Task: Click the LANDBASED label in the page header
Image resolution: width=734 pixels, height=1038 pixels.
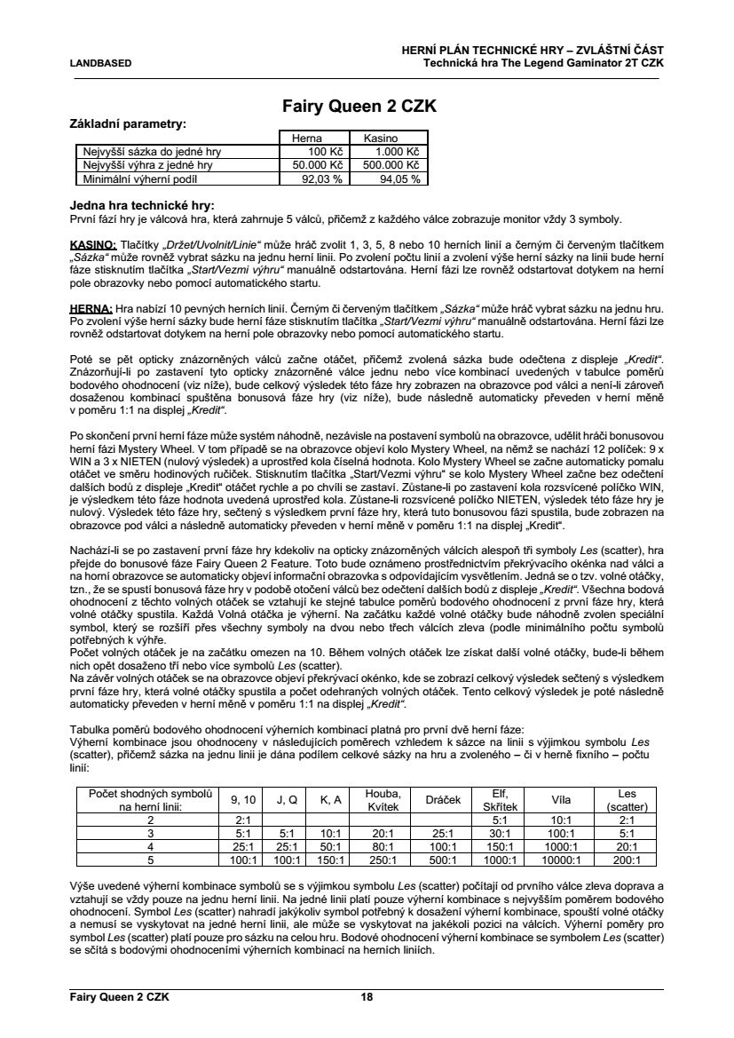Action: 100,64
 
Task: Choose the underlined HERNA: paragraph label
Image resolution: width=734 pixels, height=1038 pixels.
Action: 90,306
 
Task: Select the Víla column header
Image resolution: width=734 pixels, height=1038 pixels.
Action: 560,800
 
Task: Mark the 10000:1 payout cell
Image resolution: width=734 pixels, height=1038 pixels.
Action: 560,860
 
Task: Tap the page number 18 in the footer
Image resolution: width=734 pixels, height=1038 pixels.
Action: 366,997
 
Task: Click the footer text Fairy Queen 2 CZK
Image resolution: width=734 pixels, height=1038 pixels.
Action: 119,997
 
